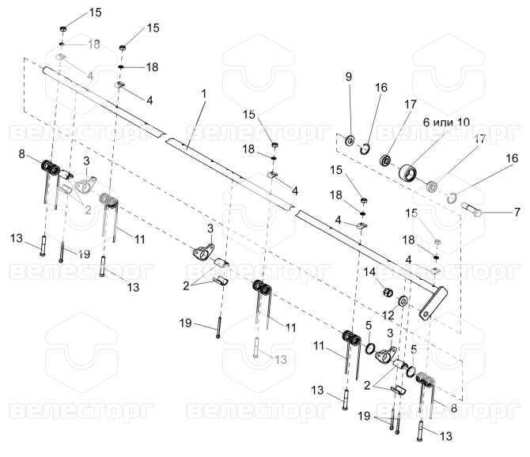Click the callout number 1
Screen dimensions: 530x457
pyautogui.click(x=203, y=93)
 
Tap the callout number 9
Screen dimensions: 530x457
pyautogui.click(x=349, y=77)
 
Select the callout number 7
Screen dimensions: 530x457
pyautogui.click(x=517, y=212)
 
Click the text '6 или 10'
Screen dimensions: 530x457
pyautogui.click(x=446, y=122)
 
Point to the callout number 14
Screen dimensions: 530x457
pyautogui.click(x=369, y=271)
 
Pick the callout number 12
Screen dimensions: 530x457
pyautogui.click(x=388, y=315)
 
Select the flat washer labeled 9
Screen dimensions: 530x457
pyautogui.click(x=349, y=140)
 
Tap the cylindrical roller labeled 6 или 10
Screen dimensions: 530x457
pyautogui.click(x=408, y=173)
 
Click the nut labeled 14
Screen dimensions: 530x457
pyautogui.click(x=388, y=292)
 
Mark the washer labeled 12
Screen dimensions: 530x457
pyautogui.click(x=402, y=300)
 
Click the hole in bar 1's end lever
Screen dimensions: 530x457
pyautogui.click(x=426, y=315)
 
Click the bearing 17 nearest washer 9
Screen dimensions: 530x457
pyautogui.click(x=384, y=160)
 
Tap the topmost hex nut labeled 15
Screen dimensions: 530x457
pyautogui.click(x=62, y=28)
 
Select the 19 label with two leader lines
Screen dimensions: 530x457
pyautogui.click(x=364, y=416)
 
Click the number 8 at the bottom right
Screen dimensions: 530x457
pyautogui.click(x=453, y=408)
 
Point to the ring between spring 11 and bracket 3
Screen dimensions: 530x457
pyautogui.click(x=369, y=349)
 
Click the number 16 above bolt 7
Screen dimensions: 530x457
pyautogui.click(x=512, y=158)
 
